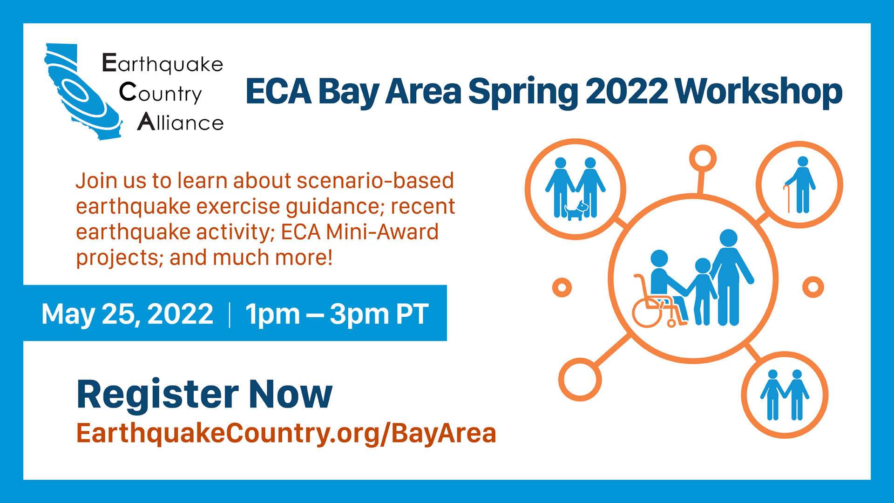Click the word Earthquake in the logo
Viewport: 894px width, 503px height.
[163, 64]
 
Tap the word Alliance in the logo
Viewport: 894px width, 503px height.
[181, 122]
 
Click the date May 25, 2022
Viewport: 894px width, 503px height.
[127, 314]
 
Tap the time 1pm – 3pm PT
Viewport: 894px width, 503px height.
[337, 314]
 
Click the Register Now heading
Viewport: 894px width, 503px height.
[204, 394]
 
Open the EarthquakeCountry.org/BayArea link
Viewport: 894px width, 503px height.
[286, 433]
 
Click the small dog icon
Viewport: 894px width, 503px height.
[576, 211]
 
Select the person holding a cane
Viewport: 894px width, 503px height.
[801, 185]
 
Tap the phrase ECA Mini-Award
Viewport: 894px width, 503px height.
[359, 232]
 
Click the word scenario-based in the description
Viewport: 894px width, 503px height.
[375, 181]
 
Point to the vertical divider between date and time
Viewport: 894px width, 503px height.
[230, 315]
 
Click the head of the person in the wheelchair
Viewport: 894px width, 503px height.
[659, 258]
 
